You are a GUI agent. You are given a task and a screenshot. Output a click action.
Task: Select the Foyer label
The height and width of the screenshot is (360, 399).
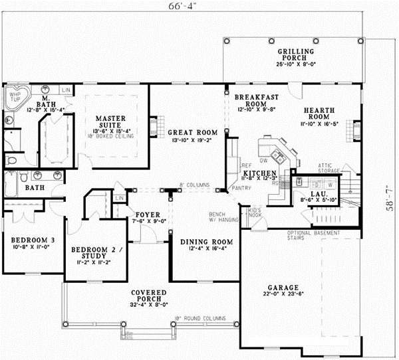tap(146, 215)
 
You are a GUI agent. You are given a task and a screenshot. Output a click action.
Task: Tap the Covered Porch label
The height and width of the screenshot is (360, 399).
tap(148, 292)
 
